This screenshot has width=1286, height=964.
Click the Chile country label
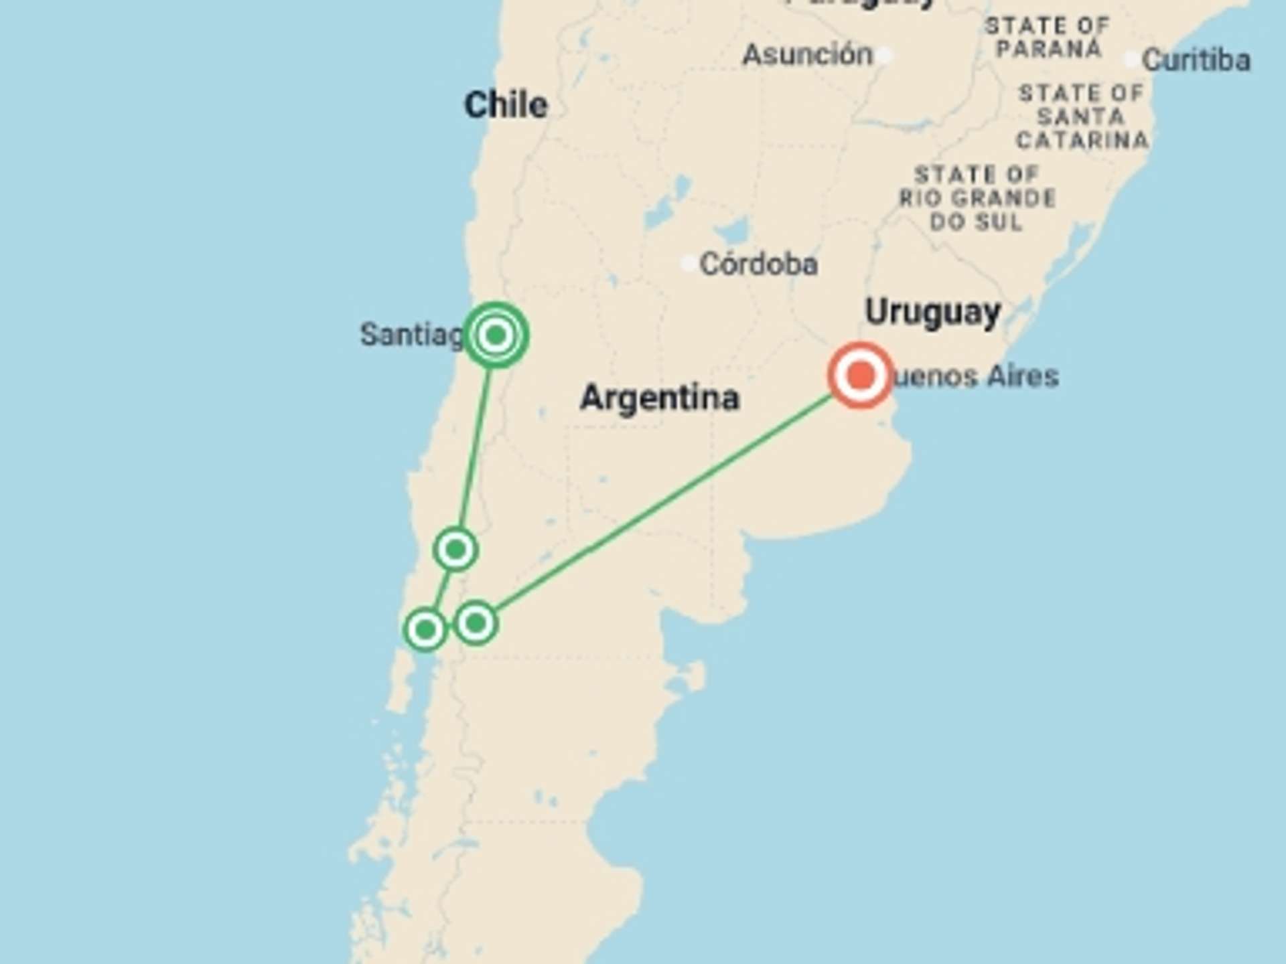point(506,105)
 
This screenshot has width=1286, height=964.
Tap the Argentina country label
point(660,398)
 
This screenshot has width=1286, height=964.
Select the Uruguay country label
point(932,313)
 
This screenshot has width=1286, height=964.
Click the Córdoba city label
point(758,264)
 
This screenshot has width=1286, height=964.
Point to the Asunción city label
point(808,55)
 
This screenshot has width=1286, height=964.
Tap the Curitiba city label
point(1196,60)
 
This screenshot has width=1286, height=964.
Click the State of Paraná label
point(1048,37)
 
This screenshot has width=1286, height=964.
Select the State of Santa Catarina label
point(1082,116)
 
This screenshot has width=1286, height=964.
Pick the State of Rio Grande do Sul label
point(977,198)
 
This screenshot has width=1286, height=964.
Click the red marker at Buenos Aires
point(861,376)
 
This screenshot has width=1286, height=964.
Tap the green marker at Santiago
point(496,335)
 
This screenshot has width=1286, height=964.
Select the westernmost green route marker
point(425,629)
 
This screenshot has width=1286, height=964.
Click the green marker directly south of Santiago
point(455,550)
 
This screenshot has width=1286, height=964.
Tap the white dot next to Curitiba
point(1131,60)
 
